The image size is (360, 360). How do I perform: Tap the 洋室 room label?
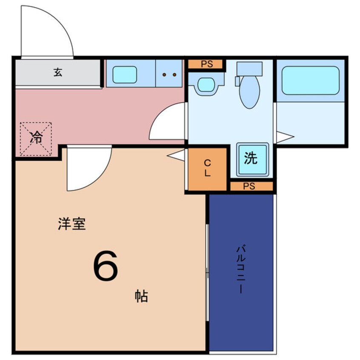[72, 224]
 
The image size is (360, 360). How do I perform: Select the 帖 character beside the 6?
[142, 296]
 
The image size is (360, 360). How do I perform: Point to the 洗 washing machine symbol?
[251, 159]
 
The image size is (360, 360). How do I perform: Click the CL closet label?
[208, 169]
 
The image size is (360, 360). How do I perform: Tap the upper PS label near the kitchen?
[206, 64]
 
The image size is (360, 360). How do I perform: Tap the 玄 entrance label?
[58, 72]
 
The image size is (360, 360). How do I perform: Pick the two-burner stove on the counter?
[170, 74]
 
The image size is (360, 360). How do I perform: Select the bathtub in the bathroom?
[310, 80]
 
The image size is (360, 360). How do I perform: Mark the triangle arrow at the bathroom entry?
[284, 137]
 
